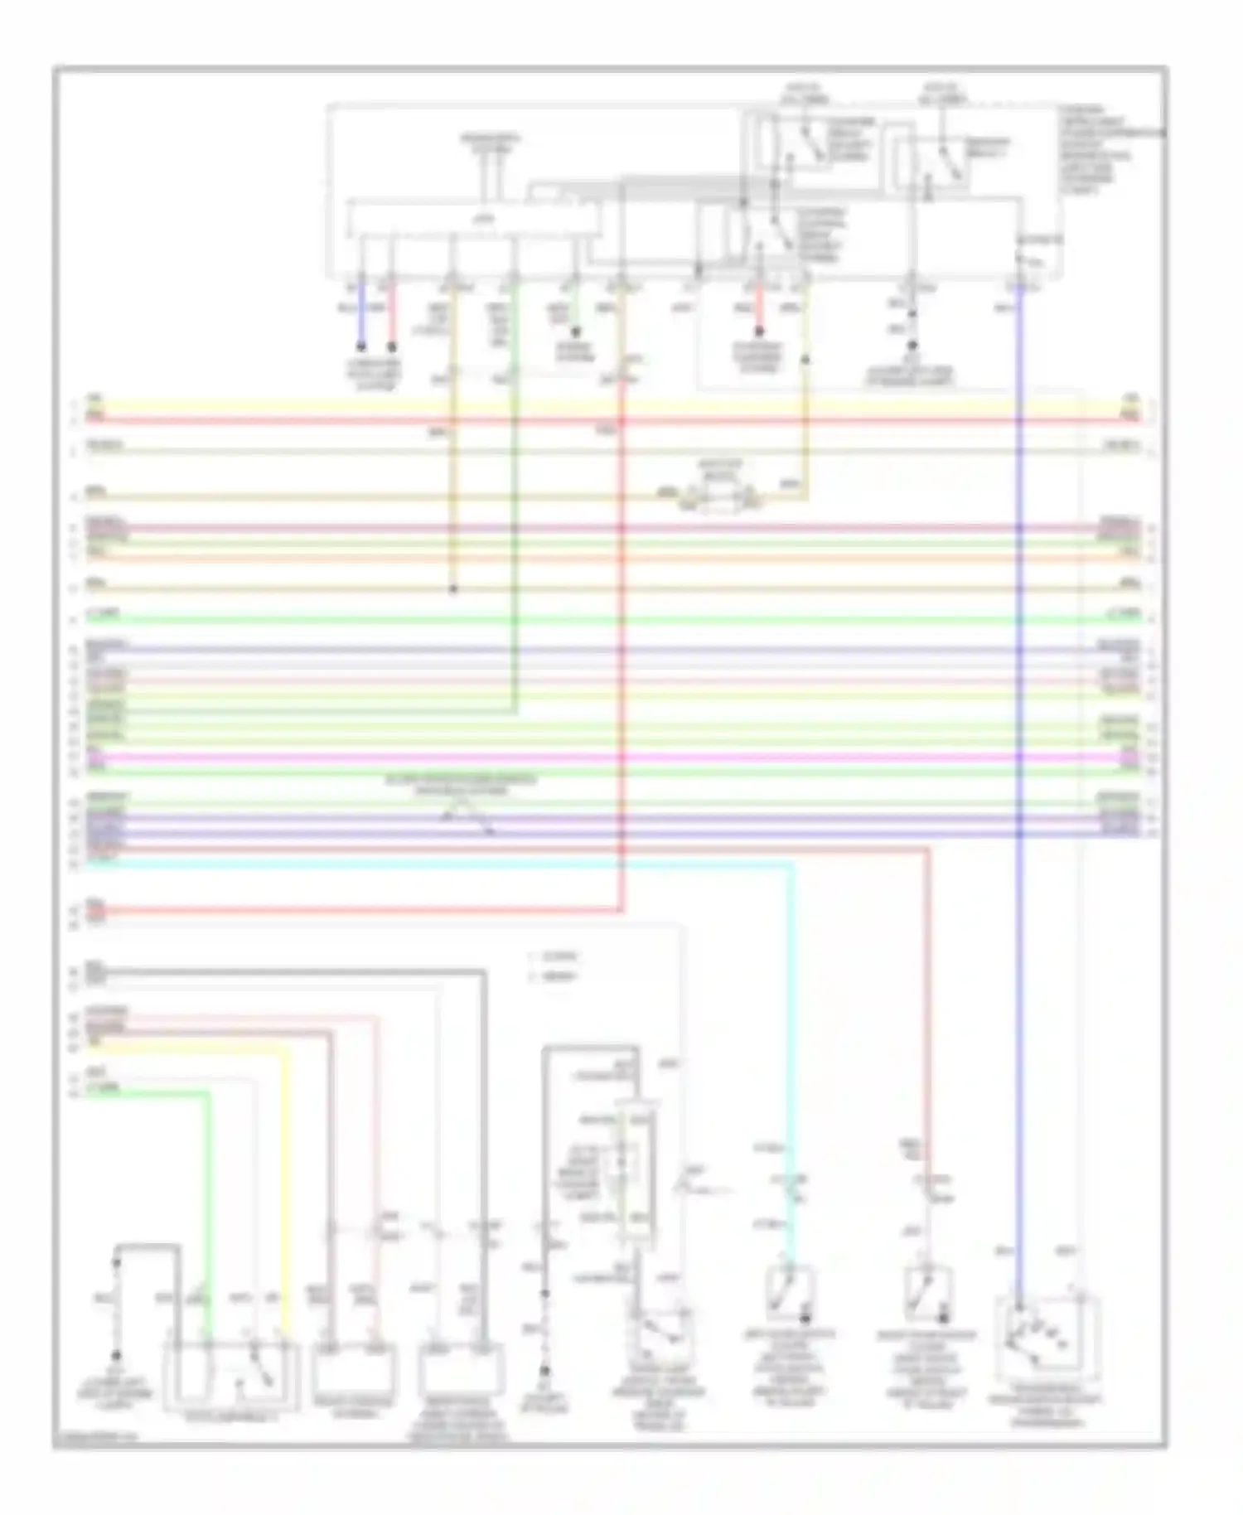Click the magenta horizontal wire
point(580,757)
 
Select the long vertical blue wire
point(1020,746)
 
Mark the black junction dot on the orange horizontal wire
point(452,589)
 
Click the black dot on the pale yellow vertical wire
point(805,361)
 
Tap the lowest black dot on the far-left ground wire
point(117,1356)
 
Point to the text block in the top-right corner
point(1094,149)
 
